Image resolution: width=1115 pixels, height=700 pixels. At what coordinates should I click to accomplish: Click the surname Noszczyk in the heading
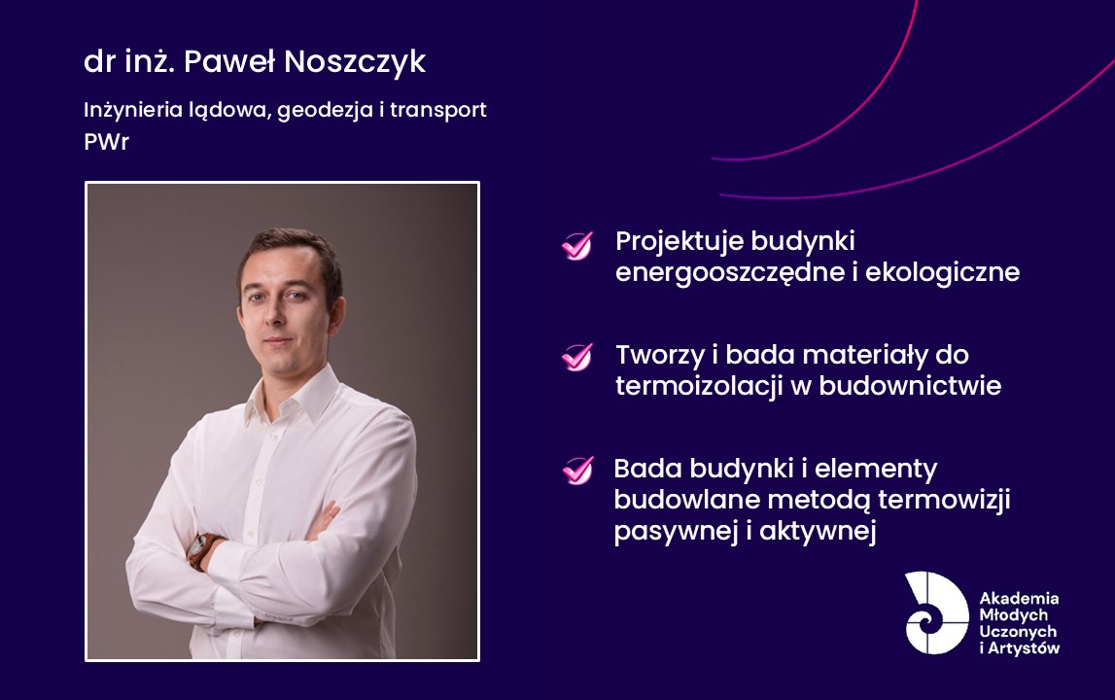click(355, 62)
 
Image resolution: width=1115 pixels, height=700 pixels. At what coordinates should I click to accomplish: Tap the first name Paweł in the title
click(229, 61)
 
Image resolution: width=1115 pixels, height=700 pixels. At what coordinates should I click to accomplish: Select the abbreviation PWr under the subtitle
click(107, 142)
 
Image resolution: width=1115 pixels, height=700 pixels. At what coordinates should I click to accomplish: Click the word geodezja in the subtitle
click(325, 110)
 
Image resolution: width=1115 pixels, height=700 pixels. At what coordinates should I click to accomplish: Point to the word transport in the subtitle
click(438, 110)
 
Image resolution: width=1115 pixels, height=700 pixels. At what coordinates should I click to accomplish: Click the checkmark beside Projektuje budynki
click(576, 246)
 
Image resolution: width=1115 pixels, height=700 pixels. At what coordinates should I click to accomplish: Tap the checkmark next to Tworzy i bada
click(576, 357)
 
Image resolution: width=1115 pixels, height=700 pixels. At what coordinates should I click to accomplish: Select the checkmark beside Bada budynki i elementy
click(577, 471)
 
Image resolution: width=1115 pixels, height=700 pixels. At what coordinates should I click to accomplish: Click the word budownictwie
click(910, 386)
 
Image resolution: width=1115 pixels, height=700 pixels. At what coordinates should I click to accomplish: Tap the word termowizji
click(944, 500)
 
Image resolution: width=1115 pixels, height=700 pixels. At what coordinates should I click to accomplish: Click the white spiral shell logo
click(936, 612)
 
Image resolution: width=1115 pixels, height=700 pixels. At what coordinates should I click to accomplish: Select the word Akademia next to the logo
click(1019, 598)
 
